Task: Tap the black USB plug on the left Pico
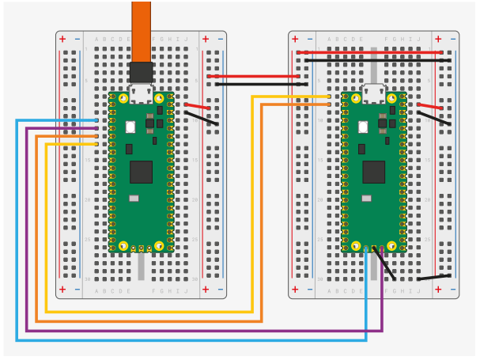point(141,73)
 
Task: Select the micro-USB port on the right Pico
point(373,93)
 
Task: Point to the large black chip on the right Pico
point(373,172)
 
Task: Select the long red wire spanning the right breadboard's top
point(372,53)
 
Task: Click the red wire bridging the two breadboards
point(256,77)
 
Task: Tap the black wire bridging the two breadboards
point(256,84)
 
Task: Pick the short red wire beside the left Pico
point(198,106)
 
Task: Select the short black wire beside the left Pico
point(201,118)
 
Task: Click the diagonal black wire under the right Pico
point(388,266)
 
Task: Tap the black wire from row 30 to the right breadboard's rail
point(434,278)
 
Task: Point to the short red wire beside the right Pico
point(430,106)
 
